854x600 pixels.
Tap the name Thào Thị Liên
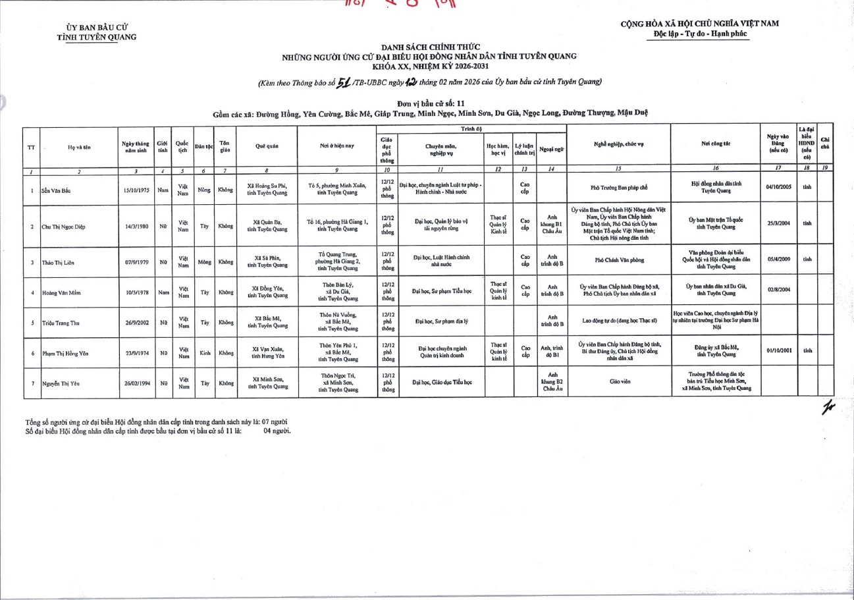tap(57, 263)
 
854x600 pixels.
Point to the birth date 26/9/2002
tap(135, 323)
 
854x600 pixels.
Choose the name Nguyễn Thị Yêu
tap(61, 382)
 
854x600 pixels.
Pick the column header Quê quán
tap(267, 147)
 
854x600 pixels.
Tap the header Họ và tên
tap(79, 147)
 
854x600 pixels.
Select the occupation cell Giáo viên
tap(618, 381)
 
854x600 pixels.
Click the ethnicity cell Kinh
tap(205, 353)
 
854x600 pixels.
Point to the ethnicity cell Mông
tap(205, 262)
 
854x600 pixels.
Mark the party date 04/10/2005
tap(778, 187)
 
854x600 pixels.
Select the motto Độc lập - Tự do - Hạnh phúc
tap(700, 34)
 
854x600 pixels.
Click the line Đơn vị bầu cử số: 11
tap(431, 103)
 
